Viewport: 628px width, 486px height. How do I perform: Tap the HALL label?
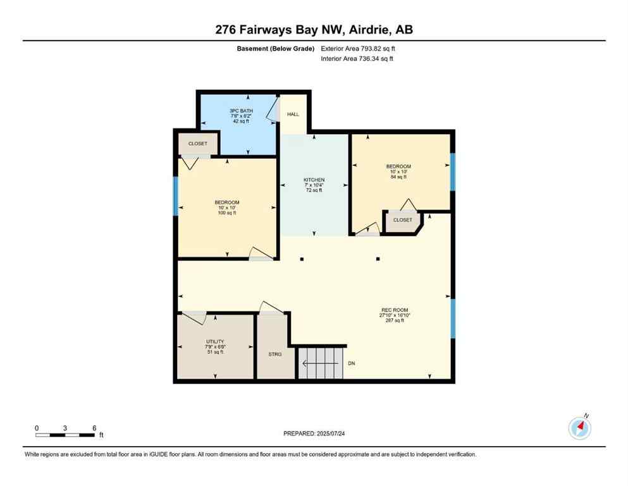click(293, 115)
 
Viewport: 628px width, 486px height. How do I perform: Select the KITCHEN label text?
click(314, 180)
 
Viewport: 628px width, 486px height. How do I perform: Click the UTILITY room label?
click(215, 342)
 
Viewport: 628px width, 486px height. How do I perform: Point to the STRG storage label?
click(274, 354)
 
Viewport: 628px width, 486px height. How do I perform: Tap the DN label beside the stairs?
click(352, 364)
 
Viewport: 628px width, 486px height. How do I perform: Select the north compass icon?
click(579, 428)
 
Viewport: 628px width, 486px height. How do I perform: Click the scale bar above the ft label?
click(65, 435)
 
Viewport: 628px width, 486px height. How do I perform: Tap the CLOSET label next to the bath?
click(197, 144)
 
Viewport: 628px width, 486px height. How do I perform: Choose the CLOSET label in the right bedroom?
click(402, 220)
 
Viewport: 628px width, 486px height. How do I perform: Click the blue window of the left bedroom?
click(176, 196)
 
